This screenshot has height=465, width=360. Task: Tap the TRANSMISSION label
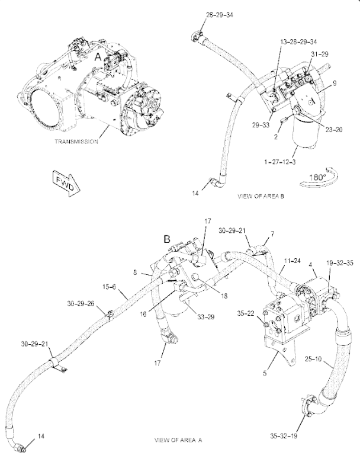(x=76, y=142)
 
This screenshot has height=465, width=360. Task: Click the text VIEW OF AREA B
(x=261, y=196)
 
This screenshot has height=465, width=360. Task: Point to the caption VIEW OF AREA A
(x=178, y=440)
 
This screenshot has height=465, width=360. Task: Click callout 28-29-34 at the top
(x=203, y=15)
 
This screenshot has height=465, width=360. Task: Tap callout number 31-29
(x=319, y=54)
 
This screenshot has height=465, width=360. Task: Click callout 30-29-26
(x=81, y=304)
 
